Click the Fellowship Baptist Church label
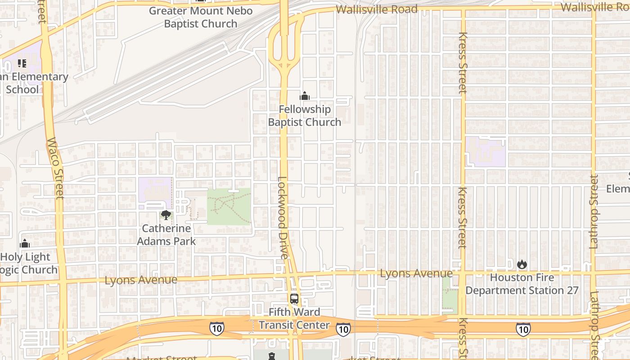(305, 116)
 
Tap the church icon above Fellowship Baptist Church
(305, 96)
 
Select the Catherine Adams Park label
(166, 234)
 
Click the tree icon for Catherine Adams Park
(166, 215)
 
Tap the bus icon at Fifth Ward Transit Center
(294, 298)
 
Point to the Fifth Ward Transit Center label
(294, 318)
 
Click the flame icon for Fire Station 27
(522, 264)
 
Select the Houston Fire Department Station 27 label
(522, 284)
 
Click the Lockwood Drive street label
(283, 217)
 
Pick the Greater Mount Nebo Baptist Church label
(201, 17)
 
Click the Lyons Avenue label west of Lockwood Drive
(141, 280)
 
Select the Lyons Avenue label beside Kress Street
(416, 273)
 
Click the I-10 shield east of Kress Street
(523, 329)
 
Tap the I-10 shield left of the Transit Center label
(216, 328)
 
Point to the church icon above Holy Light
(25, 244)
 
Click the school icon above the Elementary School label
(22, 63)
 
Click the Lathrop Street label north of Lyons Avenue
(594, 211)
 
